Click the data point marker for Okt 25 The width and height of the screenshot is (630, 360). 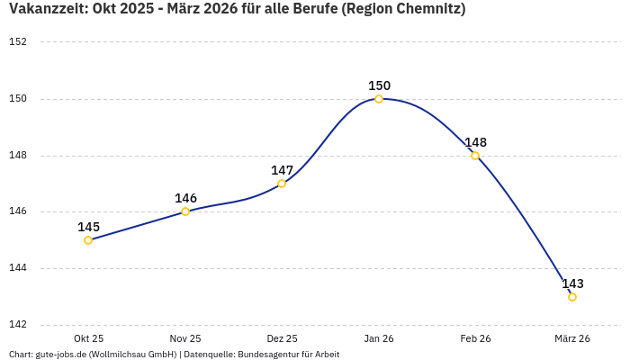point(88,240)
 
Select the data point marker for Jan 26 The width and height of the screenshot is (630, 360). point(379,99)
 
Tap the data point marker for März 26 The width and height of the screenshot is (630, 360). point(572,297)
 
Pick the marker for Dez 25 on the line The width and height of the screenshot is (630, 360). point(282,184)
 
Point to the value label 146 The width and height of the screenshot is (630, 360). point(185,198)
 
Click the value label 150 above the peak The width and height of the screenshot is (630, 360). point(379,85)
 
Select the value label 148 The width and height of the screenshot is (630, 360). point(475,142)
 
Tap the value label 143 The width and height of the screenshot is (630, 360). point(572,283)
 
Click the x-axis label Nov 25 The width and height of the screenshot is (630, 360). point(185,338)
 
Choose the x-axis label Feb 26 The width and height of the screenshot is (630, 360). point(475,338)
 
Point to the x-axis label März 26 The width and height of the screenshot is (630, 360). point(572,338)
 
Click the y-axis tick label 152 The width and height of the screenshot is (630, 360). point(18,41)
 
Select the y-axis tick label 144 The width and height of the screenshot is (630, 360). point(18,268)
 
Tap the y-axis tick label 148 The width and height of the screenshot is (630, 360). point(18,155)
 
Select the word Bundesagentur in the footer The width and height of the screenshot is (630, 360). point(265,354)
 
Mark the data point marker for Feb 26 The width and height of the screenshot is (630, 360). point(475,156)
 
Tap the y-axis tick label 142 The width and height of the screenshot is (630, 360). point(18,325)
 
